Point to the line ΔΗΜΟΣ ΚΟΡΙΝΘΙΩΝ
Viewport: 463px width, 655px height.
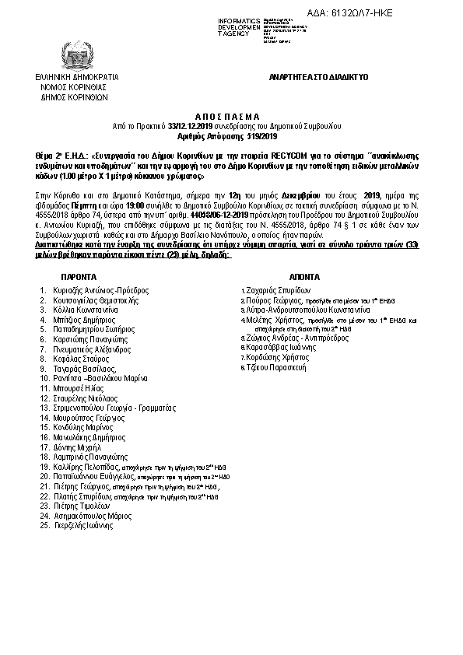[75, 98]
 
